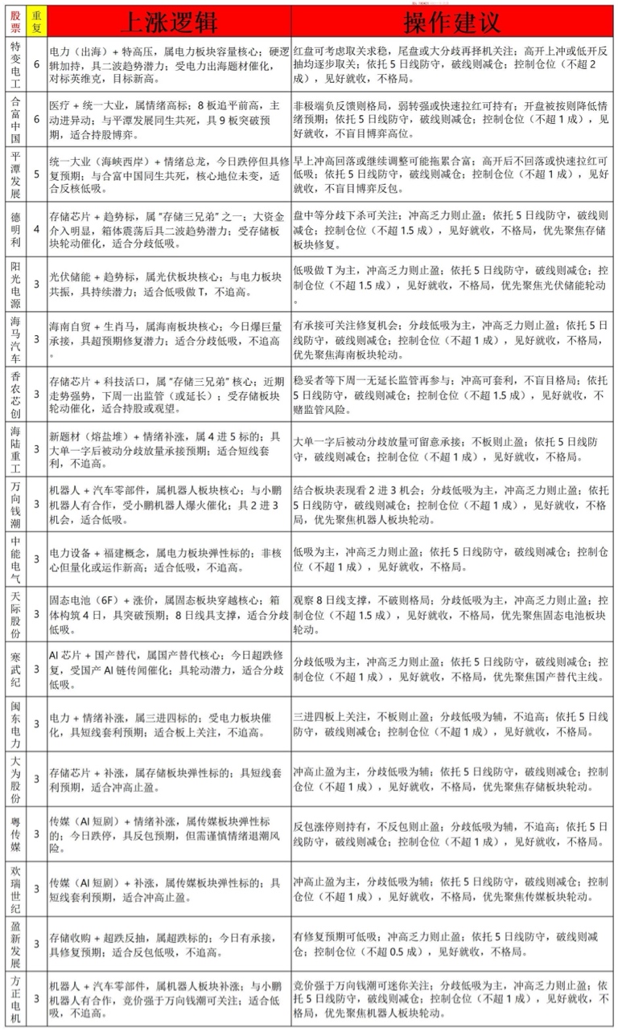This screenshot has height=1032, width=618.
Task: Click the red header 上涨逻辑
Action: click(169, 20)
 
